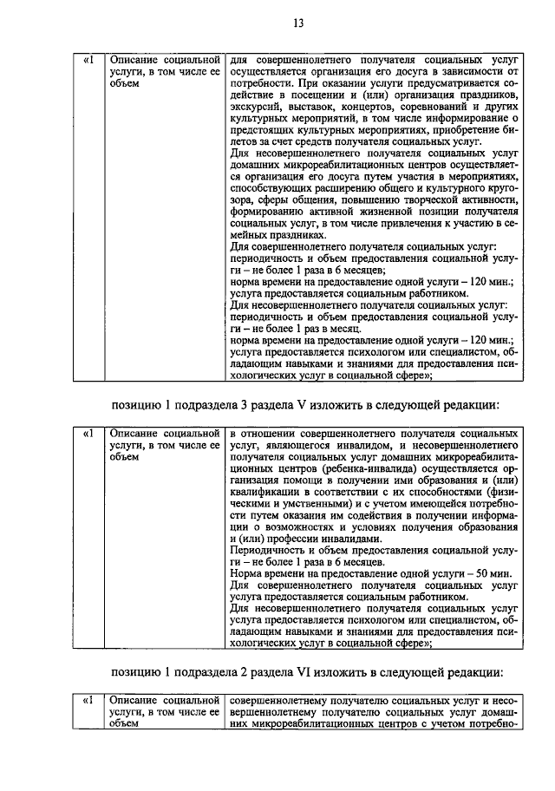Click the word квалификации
coord(265,492)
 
